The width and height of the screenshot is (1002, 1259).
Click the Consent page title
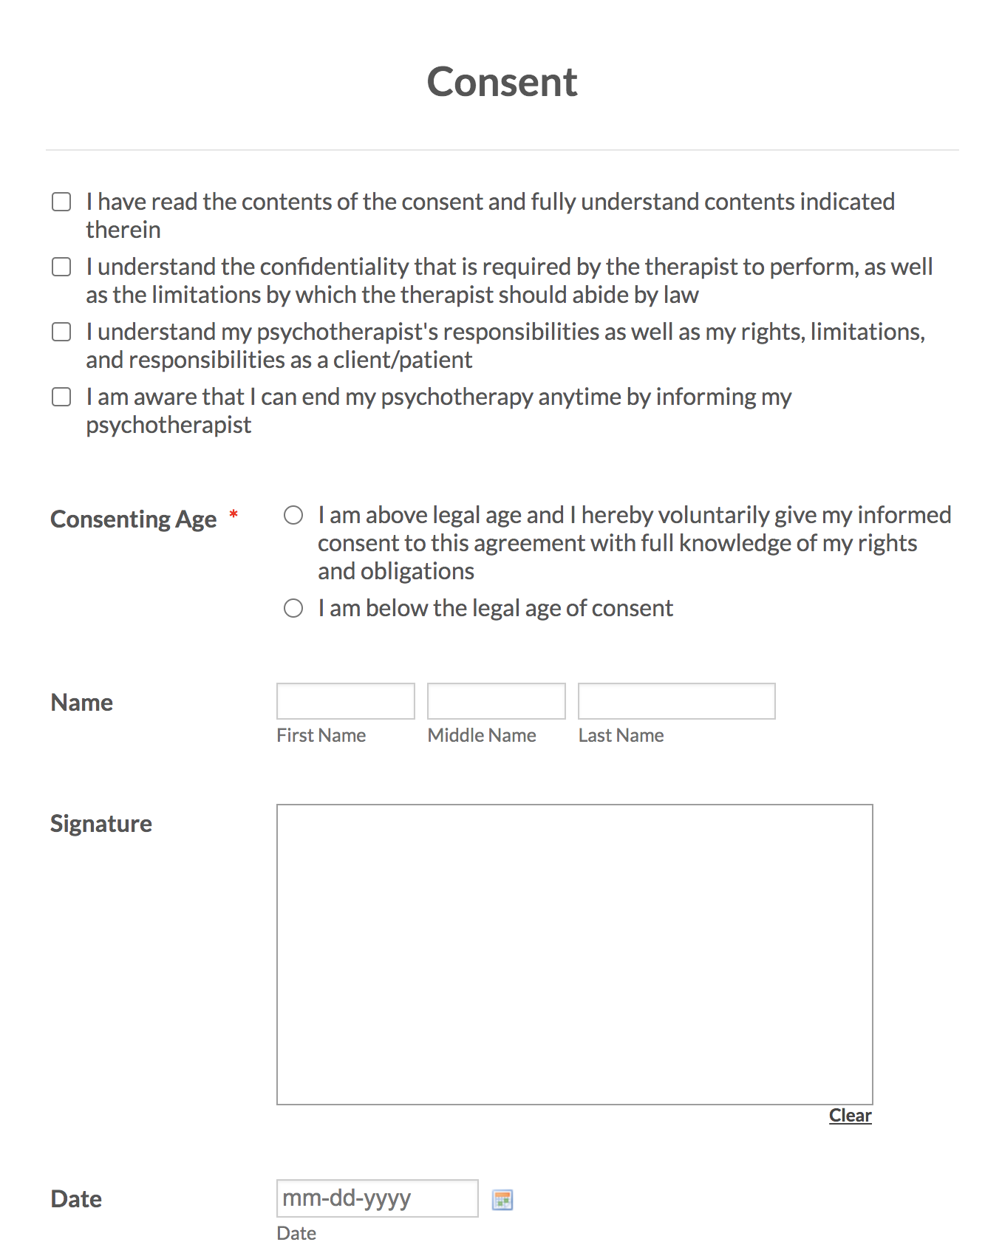502,82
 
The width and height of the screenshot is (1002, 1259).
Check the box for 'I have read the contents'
61,202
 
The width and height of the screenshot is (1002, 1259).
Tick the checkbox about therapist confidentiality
61,267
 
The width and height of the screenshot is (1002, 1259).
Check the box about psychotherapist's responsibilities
61,332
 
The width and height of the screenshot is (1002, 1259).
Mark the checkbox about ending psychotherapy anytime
61,397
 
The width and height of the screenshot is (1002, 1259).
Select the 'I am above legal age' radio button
293,515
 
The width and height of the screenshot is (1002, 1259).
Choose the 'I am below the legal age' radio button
293,608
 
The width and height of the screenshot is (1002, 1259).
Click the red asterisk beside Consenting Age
234,514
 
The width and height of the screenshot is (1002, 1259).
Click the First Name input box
345,701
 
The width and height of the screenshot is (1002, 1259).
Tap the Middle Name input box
496,701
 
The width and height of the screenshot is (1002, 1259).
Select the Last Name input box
676,701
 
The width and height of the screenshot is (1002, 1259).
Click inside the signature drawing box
574,954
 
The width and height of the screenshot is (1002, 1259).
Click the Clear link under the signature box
850,1116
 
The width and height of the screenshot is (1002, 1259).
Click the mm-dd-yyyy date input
377,1198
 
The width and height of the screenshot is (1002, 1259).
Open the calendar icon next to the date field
502,1200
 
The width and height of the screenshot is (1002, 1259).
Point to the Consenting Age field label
133,519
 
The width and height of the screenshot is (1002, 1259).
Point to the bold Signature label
101,824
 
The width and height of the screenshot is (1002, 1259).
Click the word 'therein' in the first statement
123,231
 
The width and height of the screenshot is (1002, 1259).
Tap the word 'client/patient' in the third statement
403,361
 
